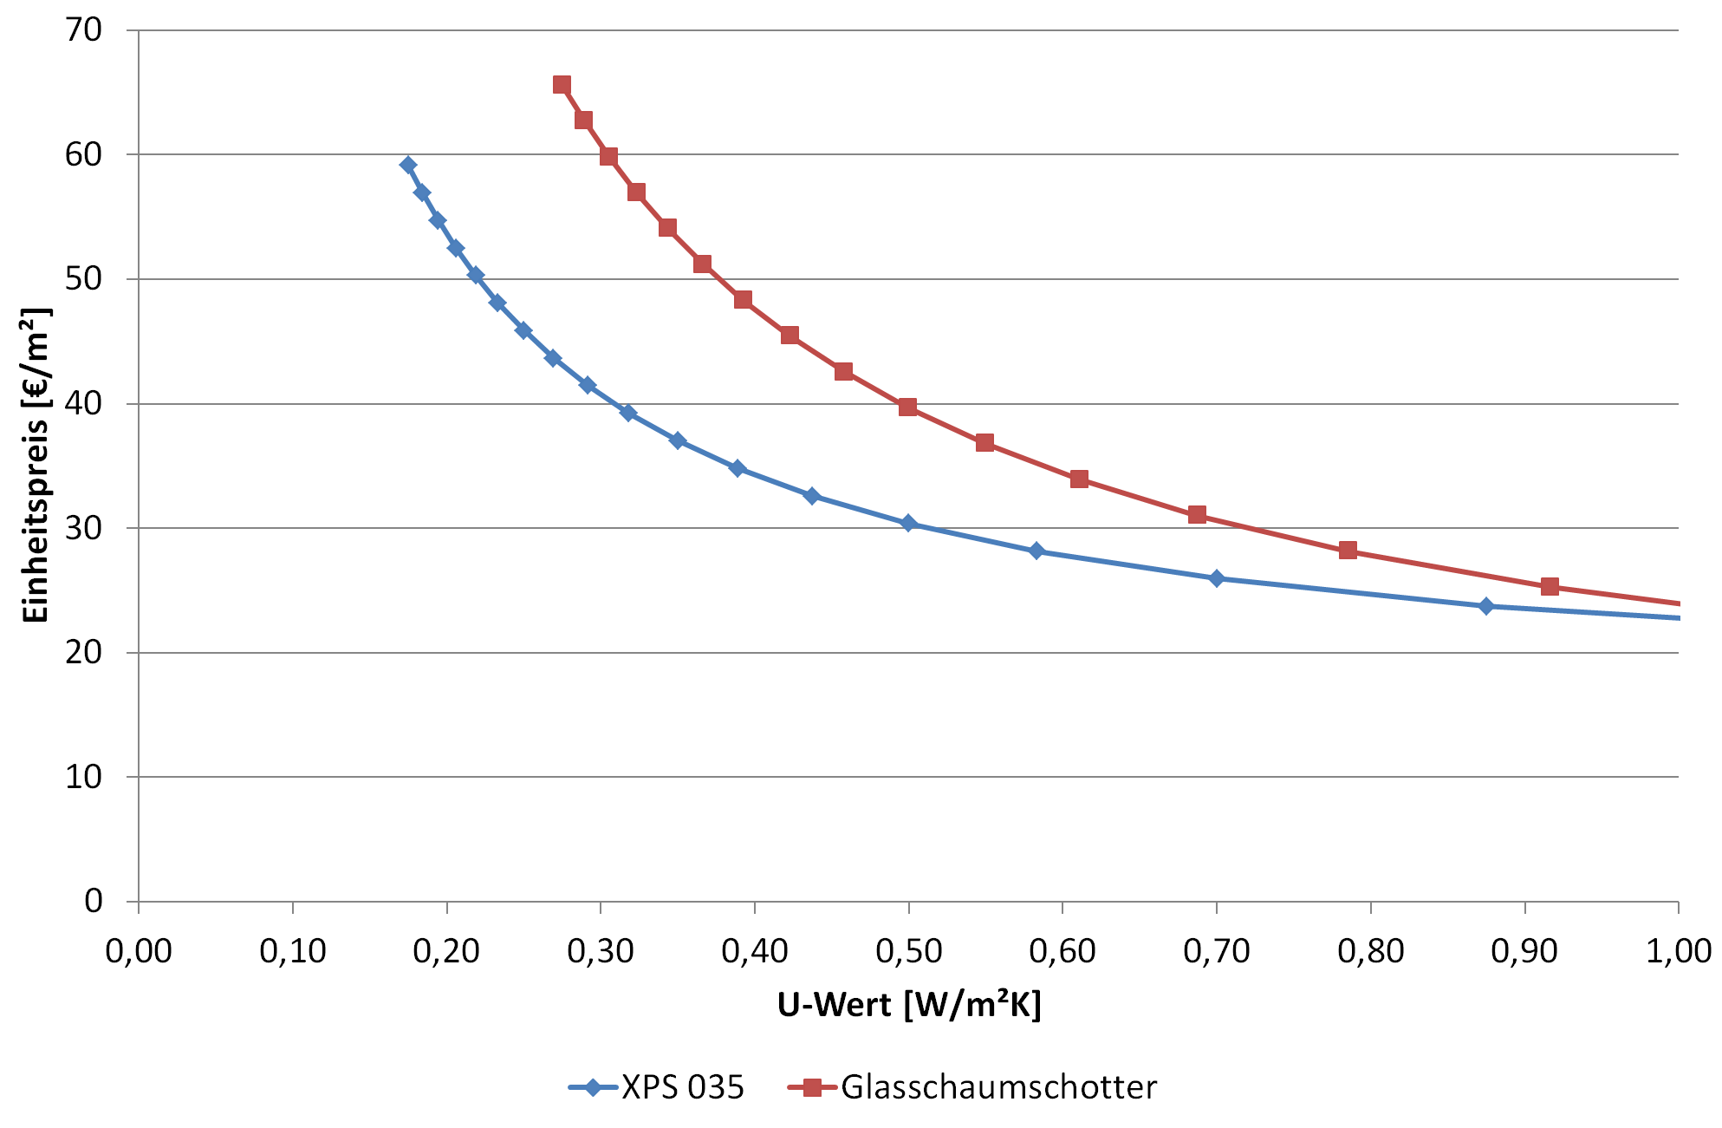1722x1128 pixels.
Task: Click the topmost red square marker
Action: coord(562,85)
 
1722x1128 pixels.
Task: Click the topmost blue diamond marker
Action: coord(408,166)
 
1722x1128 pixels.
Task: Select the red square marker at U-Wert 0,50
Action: coord(908,408)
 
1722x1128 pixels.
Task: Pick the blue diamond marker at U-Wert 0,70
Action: coord(1217,578)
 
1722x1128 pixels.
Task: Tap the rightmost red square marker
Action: coord(1550,587)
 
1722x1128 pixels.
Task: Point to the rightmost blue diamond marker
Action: coord(1487,606)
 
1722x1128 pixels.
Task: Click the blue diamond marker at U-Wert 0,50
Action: coord(908,524)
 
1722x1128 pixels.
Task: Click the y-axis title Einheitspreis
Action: coord(36,465)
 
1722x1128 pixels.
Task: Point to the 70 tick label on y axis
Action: coord(84,30)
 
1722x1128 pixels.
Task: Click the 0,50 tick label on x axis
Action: coord(908,952)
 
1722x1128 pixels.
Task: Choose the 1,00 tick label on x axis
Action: coord(1678,952)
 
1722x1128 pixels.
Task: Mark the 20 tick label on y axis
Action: coord(84,653)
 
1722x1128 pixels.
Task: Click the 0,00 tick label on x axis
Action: coord(139,952)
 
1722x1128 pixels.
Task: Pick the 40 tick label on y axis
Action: coord(84,404)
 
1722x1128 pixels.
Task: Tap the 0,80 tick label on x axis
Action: coord(1370,952)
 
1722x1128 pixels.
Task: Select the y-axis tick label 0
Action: coord(94,902)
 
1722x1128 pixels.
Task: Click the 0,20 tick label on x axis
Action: coord(446,952)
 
